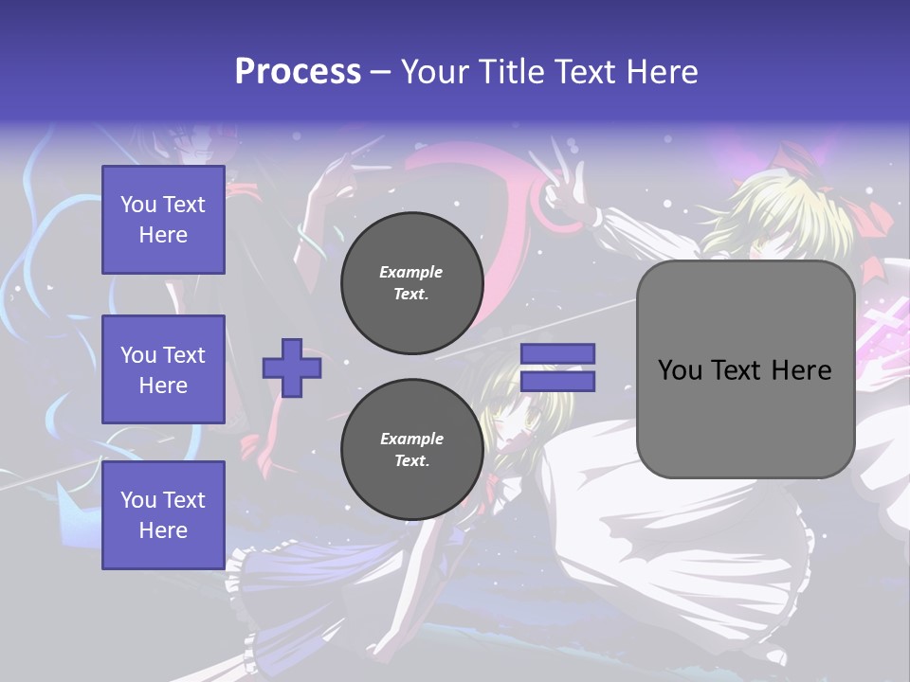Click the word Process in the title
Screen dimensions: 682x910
click(x=298, y=72)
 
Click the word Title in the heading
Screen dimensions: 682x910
click(x=512, y=72)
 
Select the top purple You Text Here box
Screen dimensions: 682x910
click(x=163, y=220)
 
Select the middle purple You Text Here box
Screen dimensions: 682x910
click(x=163, y=369)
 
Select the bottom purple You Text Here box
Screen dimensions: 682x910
click(x=163, y=514)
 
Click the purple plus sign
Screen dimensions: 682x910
click(x=292, y=368)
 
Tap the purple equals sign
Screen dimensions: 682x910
click(x=558, y=368)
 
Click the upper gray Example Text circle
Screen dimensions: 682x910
click(x=411, y=282)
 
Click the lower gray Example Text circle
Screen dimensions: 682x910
click(x=411, y=449)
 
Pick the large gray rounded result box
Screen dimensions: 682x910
click(x=745, y=369)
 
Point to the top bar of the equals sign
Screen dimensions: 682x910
click(x=558, y=354)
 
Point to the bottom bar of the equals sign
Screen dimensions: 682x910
click(x=558, y=381)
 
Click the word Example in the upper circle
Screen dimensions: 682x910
click(x=410, y=272)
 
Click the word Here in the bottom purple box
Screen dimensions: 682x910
click(x=163, y=530)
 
